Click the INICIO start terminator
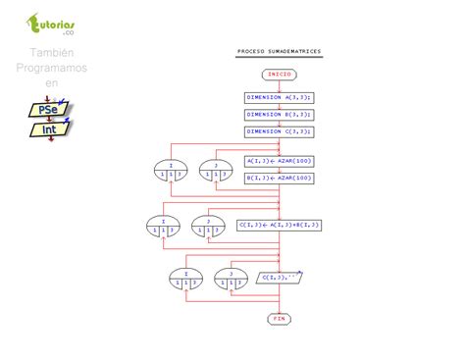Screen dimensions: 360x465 [279, 74]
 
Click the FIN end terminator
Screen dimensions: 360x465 [279, 319]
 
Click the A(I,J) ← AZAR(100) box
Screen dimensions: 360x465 [279, 161]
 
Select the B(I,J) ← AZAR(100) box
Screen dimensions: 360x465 [279, 178]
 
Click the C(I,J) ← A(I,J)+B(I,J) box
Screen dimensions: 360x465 [279, 225]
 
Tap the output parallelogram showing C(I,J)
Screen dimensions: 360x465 [280, 278]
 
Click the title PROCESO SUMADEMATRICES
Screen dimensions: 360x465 [279, 51]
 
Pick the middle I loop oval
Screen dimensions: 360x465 [163, 227]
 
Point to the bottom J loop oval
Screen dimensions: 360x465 [231, 279]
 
